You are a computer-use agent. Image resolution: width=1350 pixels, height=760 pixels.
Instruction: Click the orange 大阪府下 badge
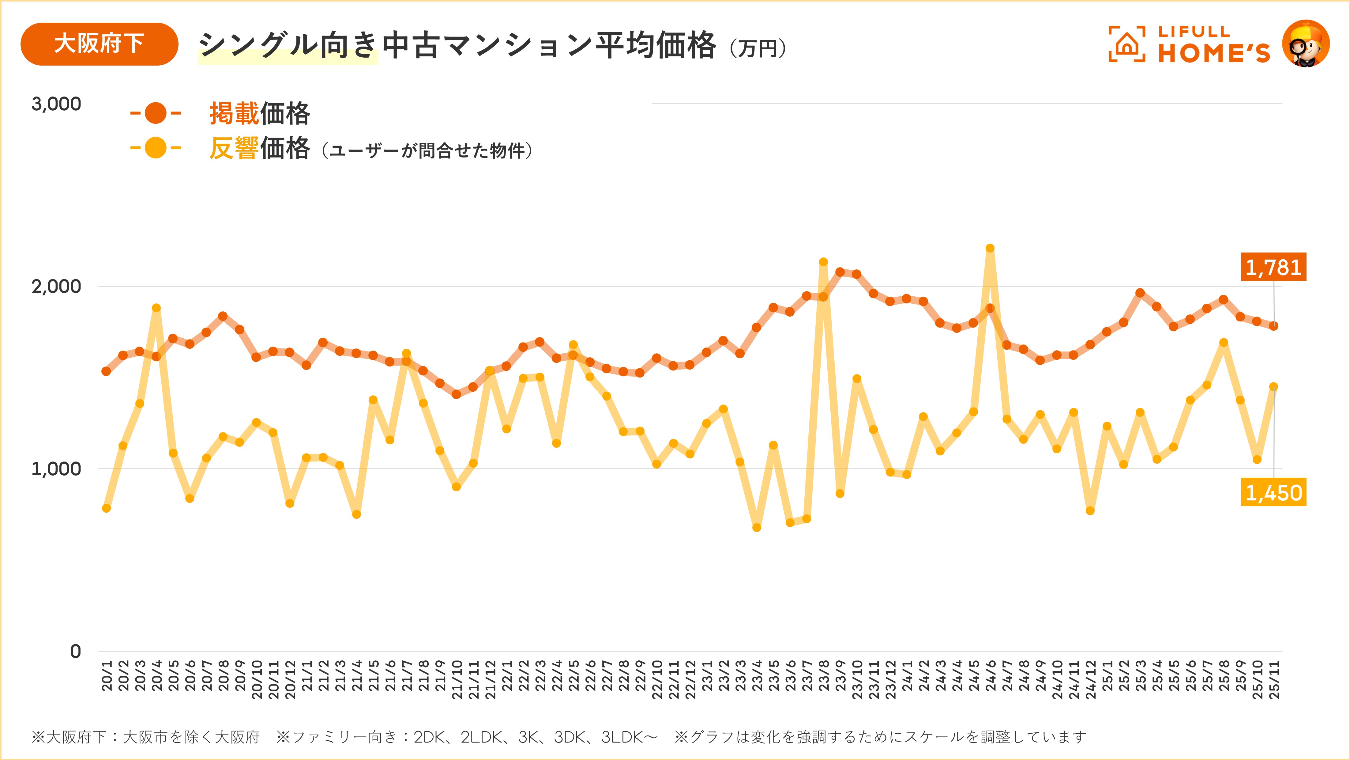[99, 44]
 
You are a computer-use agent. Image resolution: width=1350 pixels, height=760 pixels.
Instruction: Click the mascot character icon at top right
[1306, 44]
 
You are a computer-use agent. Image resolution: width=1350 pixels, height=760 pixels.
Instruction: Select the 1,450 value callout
[1273, 492]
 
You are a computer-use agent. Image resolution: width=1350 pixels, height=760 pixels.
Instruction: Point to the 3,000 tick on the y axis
[56, 104]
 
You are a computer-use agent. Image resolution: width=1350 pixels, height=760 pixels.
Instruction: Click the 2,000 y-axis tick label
[56, 286]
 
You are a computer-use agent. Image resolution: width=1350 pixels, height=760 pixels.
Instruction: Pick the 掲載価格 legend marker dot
[156, 113]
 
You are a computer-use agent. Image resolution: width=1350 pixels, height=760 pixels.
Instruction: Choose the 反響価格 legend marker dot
[156, 148]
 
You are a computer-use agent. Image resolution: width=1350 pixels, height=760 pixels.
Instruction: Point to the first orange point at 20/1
[106, 371]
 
